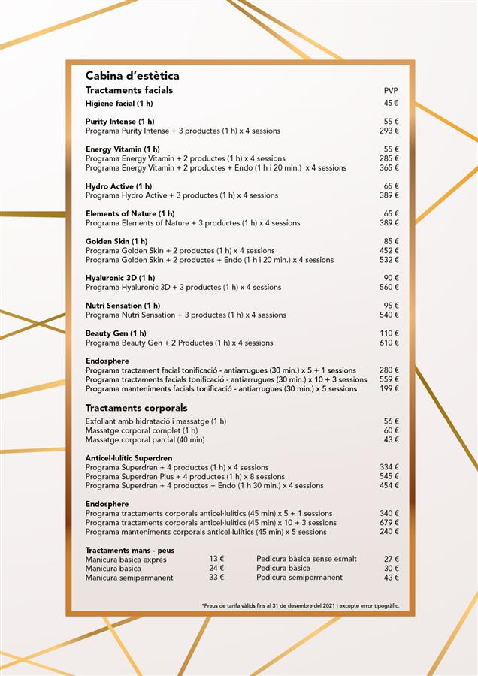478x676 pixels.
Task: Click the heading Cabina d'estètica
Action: click(132, 76)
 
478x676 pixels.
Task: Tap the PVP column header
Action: click(391, 91)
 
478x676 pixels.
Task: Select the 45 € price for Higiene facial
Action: click(391, 104)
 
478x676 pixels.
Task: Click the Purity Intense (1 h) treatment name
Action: click(120, 122)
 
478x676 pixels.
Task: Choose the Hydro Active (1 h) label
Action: click(119, 186)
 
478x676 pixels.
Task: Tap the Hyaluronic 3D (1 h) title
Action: click(120, 278)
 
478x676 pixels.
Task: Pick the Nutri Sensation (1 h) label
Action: click(123, 306)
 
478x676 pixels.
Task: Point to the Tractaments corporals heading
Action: click(136, 408)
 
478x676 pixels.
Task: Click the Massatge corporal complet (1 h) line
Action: click(142, 430)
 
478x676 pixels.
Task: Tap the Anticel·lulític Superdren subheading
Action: click(129, 458)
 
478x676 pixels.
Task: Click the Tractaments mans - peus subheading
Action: click(130, 551)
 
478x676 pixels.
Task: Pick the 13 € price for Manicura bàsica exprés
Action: click(216, 560)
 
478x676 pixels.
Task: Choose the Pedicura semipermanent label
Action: click(299, 578)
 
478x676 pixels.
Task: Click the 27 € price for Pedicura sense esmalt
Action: click(391, 560)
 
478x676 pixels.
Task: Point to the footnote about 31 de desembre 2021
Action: click(301, 605)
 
